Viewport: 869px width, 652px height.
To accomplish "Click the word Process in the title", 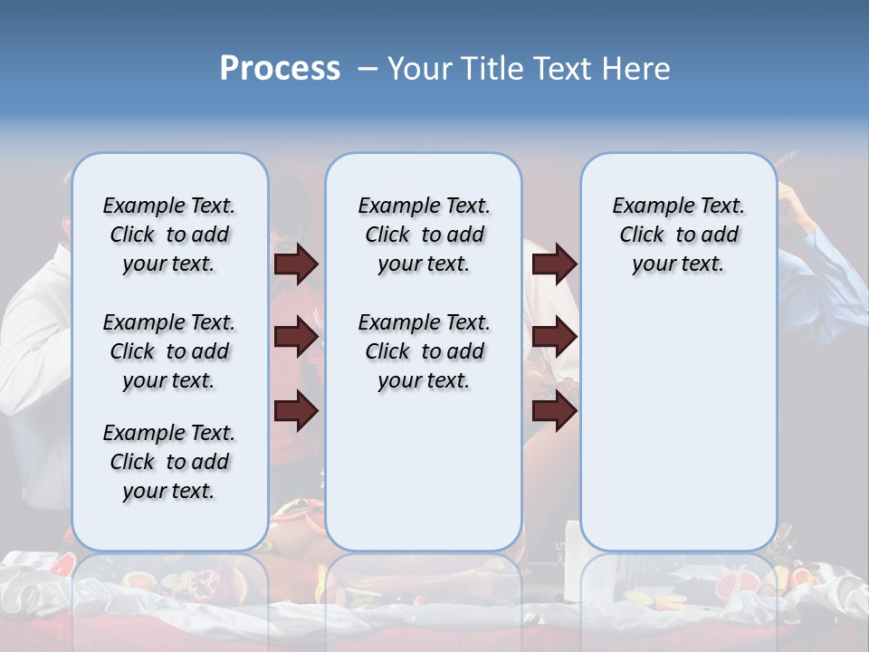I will (x=280, y=69).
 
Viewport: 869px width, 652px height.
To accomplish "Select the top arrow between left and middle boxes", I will (x=296, y=264).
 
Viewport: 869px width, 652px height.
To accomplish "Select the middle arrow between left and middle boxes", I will (x=296, y=337).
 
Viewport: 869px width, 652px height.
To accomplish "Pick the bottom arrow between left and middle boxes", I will (x=296, y=411).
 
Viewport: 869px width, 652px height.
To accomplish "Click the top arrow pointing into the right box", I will (x=554, y=264).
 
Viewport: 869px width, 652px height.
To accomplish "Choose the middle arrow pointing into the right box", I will (x=554, y=337).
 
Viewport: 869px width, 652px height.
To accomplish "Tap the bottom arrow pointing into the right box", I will (x=554, y=411).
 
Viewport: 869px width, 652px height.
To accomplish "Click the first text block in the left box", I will (x=169, y=235).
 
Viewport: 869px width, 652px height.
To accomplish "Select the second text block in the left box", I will (x=169, y=351).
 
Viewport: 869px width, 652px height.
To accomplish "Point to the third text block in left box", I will (x=169, y=462).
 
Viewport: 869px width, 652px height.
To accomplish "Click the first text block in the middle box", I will (x=424, y=235).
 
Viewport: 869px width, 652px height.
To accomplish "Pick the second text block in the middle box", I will (x=424, y=351).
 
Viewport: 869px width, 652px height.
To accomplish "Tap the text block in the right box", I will (x=678, y=235).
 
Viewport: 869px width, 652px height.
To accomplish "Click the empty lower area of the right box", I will (x=678, y=426).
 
